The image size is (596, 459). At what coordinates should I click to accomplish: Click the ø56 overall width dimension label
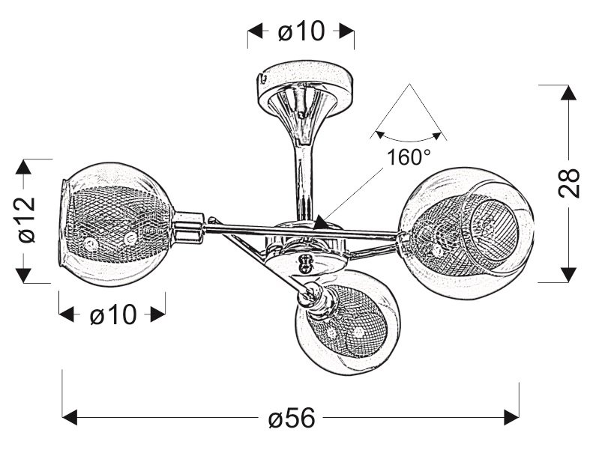click(292, 418)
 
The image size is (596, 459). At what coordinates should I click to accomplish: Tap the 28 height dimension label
click(569, 183)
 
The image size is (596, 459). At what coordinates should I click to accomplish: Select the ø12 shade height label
click(26, 221)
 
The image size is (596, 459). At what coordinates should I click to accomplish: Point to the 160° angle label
click(409, 156)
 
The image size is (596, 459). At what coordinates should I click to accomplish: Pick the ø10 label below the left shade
click(113, 314)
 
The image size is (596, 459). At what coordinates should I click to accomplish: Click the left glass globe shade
click(116, 224)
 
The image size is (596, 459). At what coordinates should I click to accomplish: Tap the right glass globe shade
click(466, 233)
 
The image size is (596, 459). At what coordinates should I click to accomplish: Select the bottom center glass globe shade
click(347, 321)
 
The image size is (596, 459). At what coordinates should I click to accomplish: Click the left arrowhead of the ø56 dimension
click(70, 418)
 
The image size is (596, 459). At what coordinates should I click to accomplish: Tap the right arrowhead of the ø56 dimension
click(511, 418)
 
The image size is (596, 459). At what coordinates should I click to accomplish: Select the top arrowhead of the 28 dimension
click(568, 93)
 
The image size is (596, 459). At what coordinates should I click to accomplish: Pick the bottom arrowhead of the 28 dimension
click(568, 275)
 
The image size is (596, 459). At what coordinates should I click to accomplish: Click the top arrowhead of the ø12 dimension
click(23, 167)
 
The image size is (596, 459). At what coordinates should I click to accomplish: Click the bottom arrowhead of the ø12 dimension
click(23, 276)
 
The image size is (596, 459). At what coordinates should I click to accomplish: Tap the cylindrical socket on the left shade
click(188, 227)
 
